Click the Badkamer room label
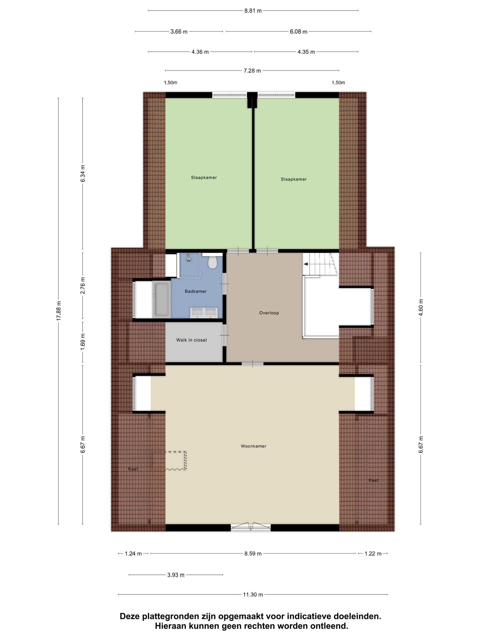click(196, 291)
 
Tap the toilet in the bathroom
click(213, 262)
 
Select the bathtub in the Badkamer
click(161, 299)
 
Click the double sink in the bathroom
click(204, 313)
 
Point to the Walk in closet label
click(191, 340)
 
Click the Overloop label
click(269, 313)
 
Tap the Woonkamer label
click(253, 446)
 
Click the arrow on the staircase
click(305, 264)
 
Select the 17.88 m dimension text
click(59, 310)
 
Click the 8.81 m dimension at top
click(253, 11)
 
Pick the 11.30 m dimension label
click(253, 594)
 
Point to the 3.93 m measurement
click(176, 575)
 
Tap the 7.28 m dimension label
click(252, 70)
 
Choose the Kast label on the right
click(373, 480)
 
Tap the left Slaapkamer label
click(204, 177)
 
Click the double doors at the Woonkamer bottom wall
click(251, 527)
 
